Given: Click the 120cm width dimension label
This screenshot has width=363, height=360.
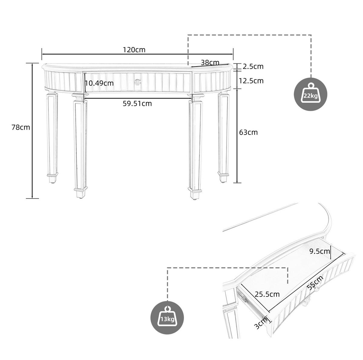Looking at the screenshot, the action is [134, 50].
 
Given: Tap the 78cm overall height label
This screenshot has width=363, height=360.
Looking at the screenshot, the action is [21, 128].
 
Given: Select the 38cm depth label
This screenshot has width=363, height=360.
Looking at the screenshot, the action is [210, 62].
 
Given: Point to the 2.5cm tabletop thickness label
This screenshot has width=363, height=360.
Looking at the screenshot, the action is [253, 66].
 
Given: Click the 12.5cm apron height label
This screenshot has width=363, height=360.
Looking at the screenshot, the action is [251, 81].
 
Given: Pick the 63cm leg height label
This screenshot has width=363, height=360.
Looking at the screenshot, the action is [248, 132].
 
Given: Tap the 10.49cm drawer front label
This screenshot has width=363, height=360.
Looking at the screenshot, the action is [99, 83].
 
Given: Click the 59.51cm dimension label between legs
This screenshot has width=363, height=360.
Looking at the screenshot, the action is [137, 104].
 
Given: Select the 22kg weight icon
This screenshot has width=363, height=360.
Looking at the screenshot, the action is [310, 94].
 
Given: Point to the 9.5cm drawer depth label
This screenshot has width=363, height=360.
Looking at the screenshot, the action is [320, 251].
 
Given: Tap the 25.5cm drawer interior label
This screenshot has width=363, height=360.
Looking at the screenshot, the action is [267, 294].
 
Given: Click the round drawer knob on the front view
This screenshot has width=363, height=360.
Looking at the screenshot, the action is [138, 82].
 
